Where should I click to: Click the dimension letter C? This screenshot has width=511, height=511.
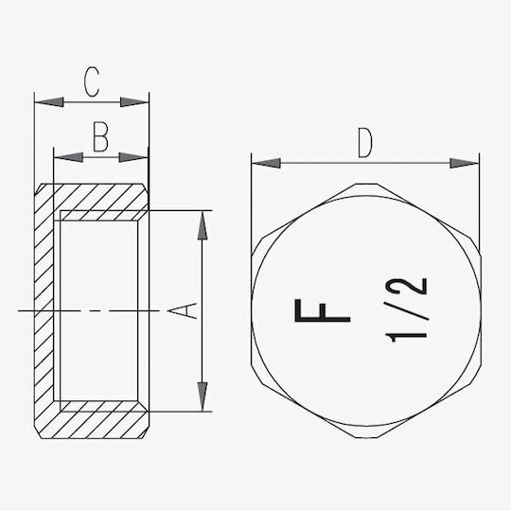[91, 81]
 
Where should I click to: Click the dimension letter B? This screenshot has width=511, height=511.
[100, 137]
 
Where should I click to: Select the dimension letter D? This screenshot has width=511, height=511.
[365, 143]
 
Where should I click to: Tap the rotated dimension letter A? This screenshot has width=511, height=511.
[183, 310]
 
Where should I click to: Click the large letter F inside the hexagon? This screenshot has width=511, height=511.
[323, 310]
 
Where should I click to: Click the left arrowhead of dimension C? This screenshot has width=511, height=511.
[49, 102]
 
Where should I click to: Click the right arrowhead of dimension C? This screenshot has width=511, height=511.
[134, 102]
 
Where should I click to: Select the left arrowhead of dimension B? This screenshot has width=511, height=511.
[68, 157]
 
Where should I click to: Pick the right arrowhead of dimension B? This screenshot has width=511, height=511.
[133, 157]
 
